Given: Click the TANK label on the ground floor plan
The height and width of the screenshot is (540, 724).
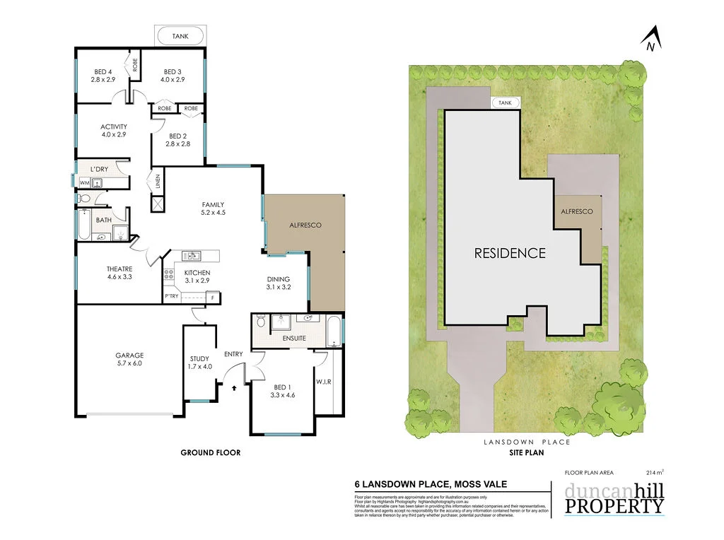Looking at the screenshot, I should tap(180, 36).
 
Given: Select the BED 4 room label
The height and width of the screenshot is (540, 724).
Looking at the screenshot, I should tap(103, 71).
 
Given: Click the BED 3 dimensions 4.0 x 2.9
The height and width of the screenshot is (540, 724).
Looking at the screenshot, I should tap(173, 80).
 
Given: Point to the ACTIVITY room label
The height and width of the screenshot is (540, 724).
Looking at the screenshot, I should tap(113, 127).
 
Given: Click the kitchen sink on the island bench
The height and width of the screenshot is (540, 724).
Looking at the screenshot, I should tap(192, 256).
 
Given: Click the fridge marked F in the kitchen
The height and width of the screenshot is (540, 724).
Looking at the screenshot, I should tap(213, 297).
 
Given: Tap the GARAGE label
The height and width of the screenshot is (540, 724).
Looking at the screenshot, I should tap(129, 356).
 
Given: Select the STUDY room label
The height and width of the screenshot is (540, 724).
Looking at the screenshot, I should tap(199, 358).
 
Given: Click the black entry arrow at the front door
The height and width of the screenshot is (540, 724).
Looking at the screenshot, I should tap(235, 387).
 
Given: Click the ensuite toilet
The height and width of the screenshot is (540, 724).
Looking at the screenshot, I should tap(260, 323).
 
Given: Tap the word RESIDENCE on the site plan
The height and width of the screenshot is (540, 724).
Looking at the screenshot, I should tap(509, 252).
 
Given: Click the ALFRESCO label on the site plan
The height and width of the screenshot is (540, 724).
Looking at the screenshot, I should tap(576, 211).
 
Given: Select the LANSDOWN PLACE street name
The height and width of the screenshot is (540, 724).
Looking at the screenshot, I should tap(526, 442).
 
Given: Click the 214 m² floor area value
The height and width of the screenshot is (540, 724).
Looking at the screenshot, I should tap(655, 472).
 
